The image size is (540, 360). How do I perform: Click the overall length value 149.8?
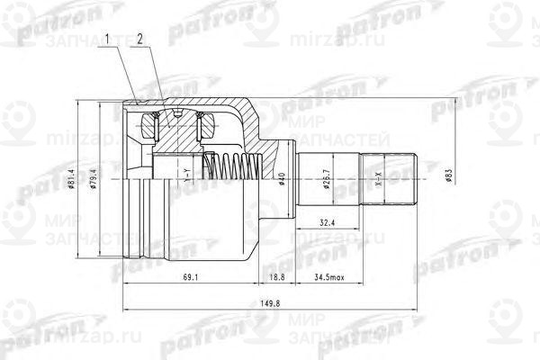(261, 303)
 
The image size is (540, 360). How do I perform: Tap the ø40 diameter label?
(283, 179)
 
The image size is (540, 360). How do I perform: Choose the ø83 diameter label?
(447, 173)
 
